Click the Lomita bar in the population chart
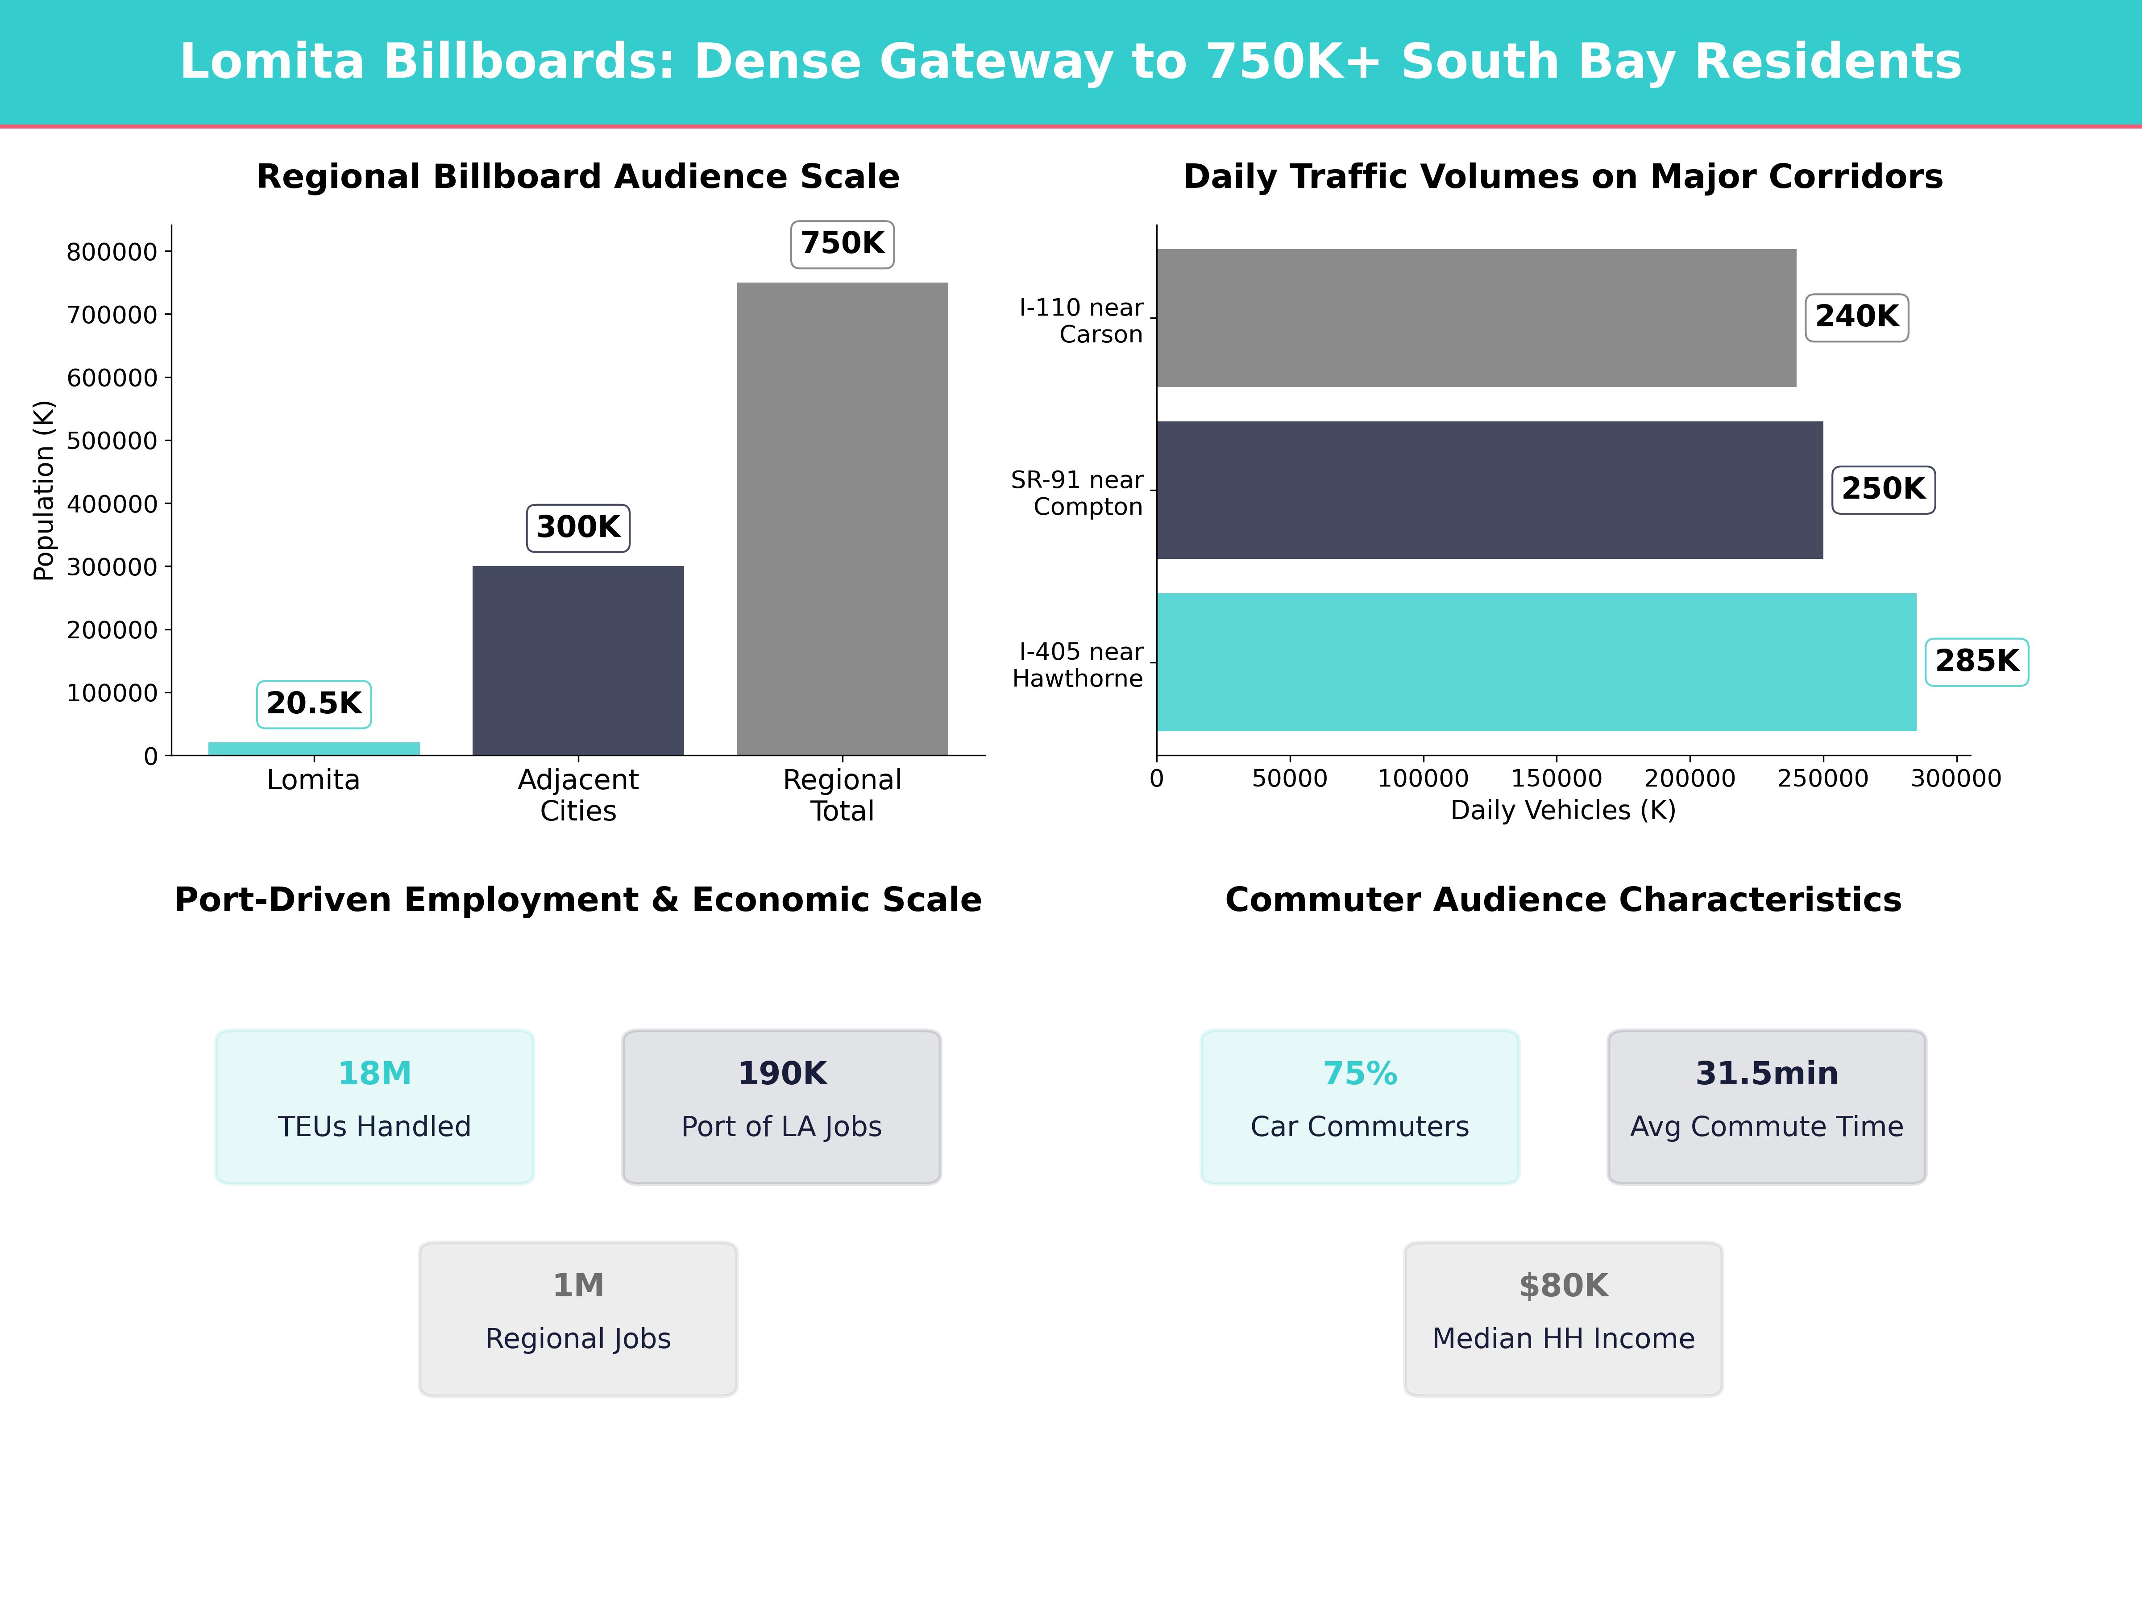tap(314, 748)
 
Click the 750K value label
tap(842, 243)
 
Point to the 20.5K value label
tap(314, 703)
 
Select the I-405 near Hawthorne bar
tap(1536, 662)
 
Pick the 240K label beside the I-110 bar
tap(1856, 317)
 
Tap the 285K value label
tap(1976, 662)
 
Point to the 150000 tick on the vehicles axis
tap(1556, 778)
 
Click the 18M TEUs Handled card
tap(375, 1106)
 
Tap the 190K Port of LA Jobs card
tap(781, 1106)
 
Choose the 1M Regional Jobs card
tap(578, 1318)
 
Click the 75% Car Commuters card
tap(1360, 1106)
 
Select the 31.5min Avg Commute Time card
tap(1766, 1106)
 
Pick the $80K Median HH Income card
tap(1563, 1318)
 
